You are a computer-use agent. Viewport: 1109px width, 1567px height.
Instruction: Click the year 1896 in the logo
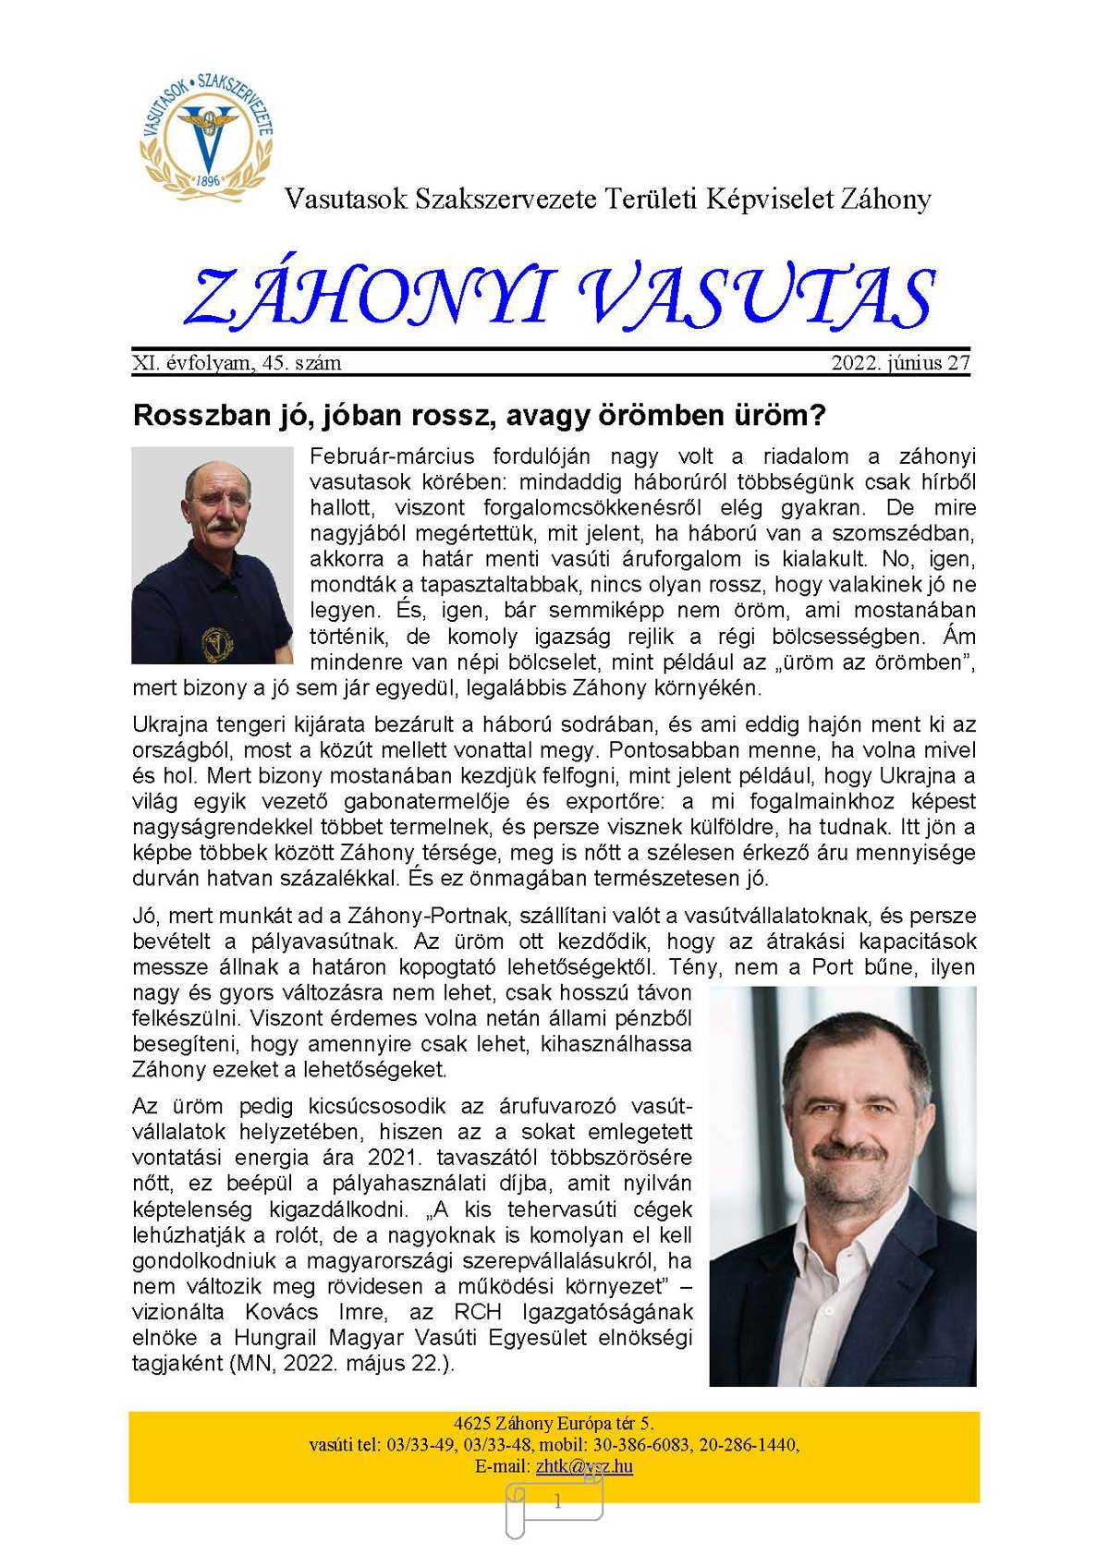209,180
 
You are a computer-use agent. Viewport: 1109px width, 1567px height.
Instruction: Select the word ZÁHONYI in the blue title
368,297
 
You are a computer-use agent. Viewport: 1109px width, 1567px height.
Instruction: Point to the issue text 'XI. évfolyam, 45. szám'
238,363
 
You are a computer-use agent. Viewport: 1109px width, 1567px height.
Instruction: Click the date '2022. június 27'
900,363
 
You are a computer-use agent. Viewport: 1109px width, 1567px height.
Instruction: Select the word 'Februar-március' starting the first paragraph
392,456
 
